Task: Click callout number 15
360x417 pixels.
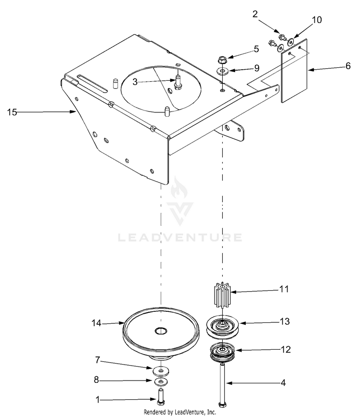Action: [x=12, y=112]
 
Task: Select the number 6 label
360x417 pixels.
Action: [x=348, y=66]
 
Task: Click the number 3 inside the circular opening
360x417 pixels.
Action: [x=136, y=82]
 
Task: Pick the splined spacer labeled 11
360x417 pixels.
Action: [x=221, y=297]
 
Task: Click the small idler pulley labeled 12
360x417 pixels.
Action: [x=222, y=355]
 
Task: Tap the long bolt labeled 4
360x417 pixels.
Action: [x=222, y=384]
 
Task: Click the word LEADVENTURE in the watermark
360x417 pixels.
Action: [x=180, y=237]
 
